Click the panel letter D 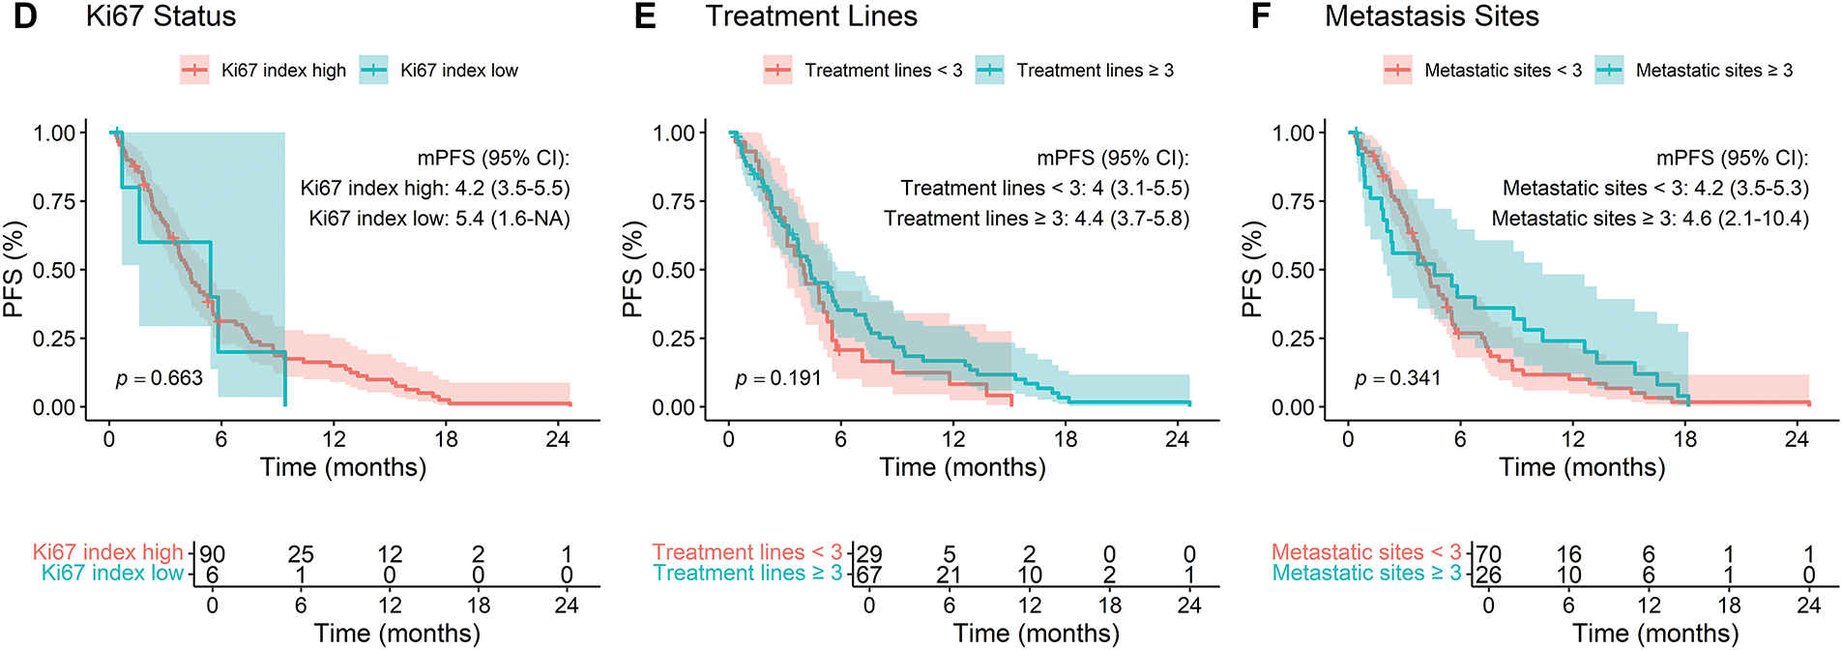pyautogui.click(x=26, y=16)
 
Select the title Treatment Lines pyautogui.click(x=811, y=16)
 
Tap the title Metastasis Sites pyautogui.click(x=1431, y=16)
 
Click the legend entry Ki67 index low pyautogui.click(x=458, y=71)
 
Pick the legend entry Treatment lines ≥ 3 pyautogui.click(x=1095, y=71)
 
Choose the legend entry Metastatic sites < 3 pyautogui.click(x=1503, y=71)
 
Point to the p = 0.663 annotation pyautogui.click(x=160, y=378)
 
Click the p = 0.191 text pyautogui.click(x=778, y=378)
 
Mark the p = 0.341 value pyautogui.click(x=1398, y=378)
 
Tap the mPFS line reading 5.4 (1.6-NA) pyautogui.click(x=439, y=219)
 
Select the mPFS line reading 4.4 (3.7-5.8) pyautogui.click(x=1037, y=219)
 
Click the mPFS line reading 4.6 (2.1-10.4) pyautogui.click(x=1650, y=219)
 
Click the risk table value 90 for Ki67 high pyautogui.click(x=212, y=554)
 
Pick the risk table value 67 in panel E pyautogui.click(x=869, y=575)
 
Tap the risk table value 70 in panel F pyautogui.click(x=1488, y=554)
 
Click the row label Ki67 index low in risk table pyautogui.click(x=112, y=574)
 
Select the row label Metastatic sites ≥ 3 pyautogui.click(x=1366, y=574)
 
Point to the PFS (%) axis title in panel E pyautogui.click(x=632, y=270)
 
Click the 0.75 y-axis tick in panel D pyautogui.click(x=54, y=201)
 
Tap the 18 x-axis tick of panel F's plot pyautogui.click(x=1685, y=439)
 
